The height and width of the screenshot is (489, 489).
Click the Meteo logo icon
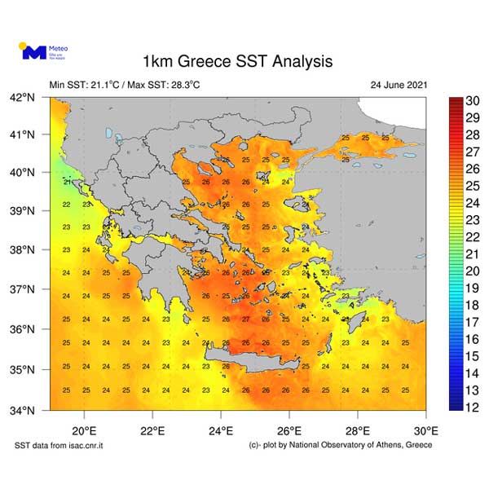[33, 51]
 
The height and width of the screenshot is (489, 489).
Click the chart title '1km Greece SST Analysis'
[237, 62]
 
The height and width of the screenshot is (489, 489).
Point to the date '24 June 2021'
[398, 85]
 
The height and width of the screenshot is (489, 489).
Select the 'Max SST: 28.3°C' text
[164, 85]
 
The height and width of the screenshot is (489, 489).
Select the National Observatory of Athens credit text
[341, 445]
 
